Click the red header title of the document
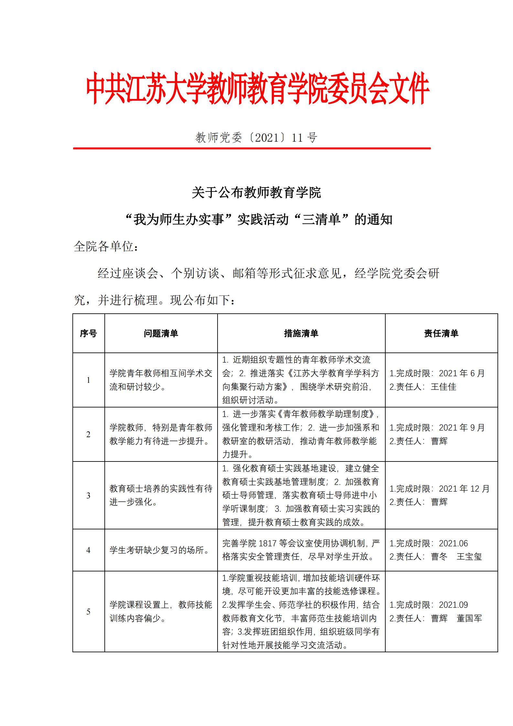[x=257, y=88]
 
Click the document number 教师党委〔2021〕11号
[x=256, y=138]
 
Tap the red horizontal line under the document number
[x=252, y=148]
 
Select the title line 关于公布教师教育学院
[x=256, y=193]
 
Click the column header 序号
[x=88, y=333]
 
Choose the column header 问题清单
[x=161, y=333]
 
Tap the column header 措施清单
[x=301, y=333]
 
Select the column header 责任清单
[x=441, y=333]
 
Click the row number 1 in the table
[x=88, y=380]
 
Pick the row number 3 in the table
[x=88, y=496]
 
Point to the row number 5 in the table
[x=88, y=612]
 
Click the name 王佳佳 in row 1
[x=444, y=387]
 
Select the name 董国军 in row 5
[x=469, y=619]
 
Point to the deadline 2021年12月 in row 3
[x=464, y=489]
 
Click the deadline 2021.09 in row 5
[x=453, y=605]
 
